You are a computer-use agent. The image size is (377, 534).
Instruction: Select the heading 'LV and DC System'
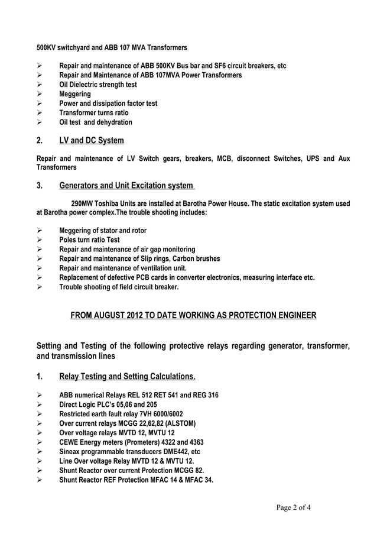(92, 141)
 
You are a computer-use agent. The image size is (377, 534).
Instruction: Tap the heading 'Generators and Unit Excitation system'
(126, 187)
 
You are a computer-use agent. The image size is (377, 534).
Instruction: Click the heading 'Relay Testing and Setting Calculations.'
(127, 377)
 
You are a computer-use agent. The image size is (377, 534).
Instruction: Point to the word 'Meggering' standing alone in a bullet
(75, 94)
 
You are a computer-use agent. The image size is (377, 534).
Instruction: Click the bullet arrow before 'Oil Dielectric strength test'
(40, 85)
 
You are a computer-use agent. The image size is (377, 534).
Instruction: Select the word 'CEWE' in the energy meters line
(69, 442)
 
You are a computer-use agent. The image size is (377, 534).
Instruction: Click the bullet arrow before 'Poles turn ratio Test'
(40, 240)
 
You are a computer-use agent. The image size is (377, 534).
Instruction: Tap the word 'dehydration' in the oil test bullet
(114, 122)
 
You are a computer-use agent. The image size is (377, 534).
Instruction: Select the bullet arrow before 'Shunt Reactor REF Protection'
(40, 480)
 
